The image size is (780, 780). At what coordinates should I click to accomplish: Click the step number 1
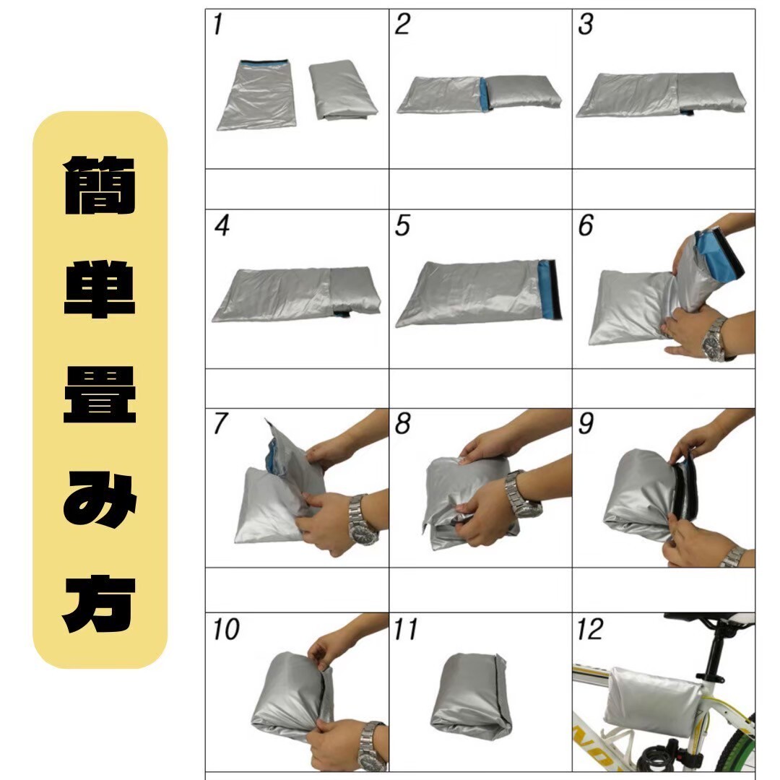pyautogui.click(x=217, y=25)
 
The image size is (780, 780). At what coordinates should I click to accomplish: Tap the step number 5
pyautogui.click(x=402, y=225)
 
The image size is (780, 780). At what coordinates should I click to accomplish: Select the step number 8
pyautogui.click(x=402, y=423)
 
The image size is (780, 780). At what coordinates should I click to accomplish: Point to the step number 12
pyautogui.click(x=589, y=629)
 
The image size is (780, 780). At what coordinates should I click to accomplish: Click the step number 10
pyautogui.click(x=226, y=629)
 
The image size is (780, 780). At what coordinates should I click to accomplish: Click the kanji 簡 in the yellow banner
pyautogui.click(x=100, y=185)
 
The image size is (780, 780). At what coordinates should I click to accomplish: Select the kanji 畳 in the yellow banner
pyautogui.click(x=100, y=394)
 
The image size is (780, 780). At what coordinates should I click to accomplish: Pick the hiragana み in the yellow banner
pyautogui.click(x=100, y=499)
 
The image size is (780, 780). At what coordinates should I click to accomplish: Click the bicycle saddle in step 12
pyautogui.click(x=709, y=620)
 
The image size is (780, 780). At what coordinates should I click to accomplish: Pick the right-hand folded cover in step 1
pyautogui.click(x=342, y=90)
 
